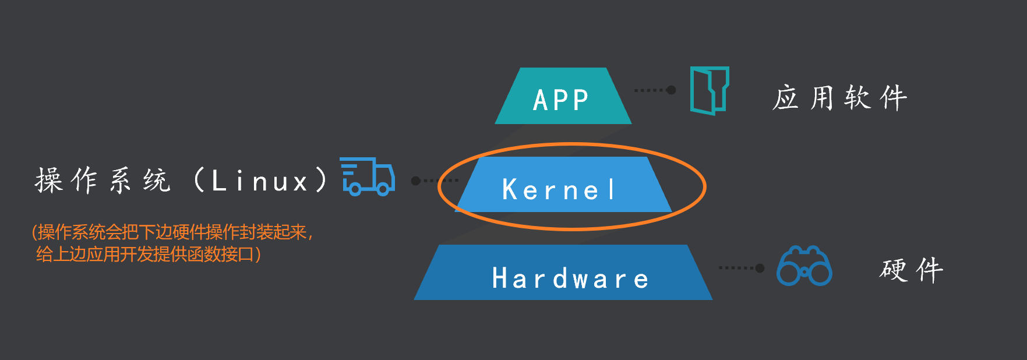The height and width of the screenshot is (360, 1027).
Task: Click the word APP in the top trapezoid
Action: pos(561,100)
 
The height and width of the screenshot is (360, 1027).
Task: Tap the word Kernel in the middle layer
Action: pos(559,190)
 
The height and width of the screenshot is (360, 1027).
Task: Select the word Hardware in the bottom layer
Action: pos(570,278)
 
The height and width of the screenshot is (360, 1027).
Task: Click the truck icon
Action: pos(368,176)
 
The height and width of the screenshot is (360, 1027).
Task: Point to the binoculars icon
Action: pos(804,266)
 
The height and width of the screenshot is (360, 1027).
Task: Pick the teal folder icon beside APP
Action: pos(710,90)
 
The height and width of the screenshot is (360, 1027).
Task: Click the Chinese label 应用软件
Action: pos(839,97)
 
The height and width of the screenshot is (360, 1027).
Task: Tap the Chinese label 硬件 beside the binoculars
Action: pos(911,270)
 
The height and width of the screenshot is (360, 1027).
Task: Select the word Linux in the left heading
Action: pos(260,181)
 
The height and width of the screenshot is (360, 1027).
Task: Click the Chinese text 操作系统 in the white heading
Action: pos(103,180)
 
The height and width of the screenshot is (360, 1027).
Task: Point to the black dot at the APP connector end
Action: pos(671,90)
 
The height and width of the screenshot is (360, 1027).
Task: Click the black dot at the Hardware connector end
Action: pos(760,268)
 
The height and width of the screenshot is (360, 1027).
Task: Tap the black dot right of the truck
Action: pos(415,181)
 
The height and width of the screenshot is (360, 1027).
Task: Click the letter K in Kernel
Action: pos(510,190)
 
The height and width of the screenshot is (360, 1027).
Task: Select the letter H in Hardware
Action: pos(500,278)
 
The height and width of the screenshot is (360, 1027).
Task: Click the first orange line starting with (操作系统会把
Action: pos(172,232)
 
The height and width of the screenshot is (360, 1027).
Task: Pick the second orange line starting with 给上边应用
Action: pos(148,255)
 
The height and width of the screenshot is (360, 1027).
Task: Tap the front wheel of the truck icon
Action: pos(383,189)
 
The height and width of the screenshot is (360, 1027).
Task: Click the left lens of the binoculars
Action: pos(788,272)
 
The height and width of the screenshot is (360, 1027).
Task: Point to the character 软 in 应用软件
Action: pos(857,97)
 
